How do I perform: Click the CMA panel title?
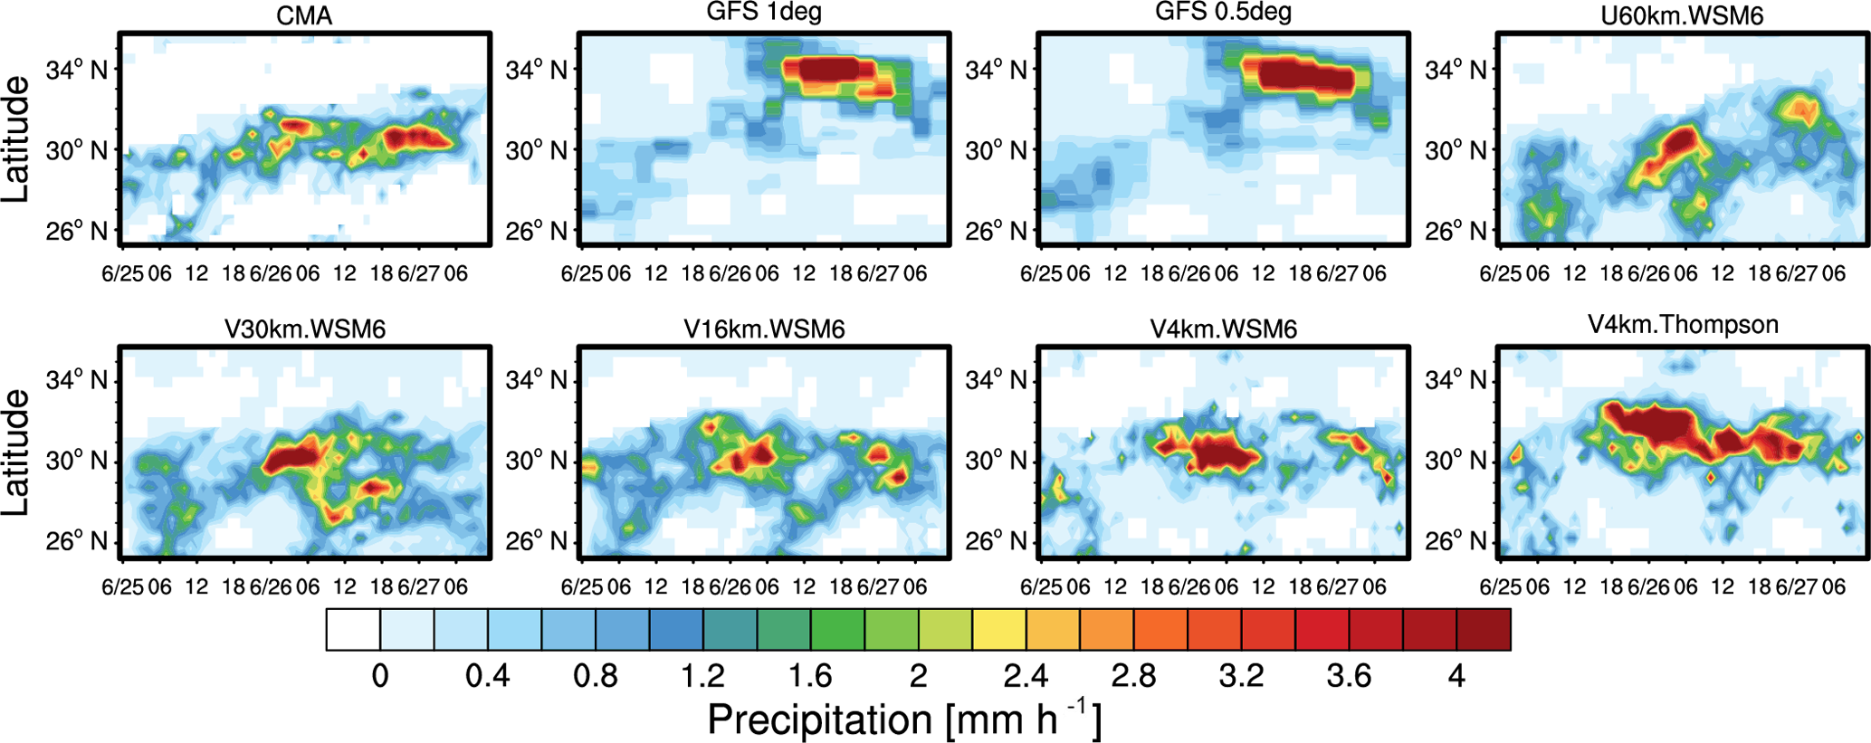point(304,16)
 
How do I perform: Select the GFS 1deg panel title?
point(764,13)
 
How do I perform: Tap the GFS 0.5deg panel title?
point(1223,13)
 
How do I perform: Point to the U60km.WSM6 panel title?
point(1683,16)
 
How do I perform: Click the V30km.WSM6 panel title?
point(305,329)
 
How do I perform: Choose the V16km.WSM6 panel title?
point(764,329)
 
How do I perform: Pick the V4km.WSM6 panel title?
point(1224,329)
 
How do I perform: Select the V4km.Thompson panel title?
point(1683,325)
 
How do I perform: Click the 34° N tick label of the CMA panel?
point(77,69)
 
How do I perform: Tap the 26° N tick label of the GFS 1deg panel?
point(536,232)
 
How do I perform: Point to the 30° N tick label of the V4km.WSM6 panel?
point(996,461)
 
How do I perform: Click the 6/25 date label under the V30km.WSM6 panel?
point(122,586)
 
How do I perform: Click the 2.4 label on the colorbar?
point(1026,676)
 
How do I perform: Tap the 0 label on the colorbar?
point(380,676)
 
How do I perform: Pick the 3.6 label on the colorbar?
point(1349,676)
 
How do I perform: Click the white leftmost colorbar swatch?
point(353,630)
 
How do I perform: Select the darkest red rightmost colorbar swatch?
point(1484,630)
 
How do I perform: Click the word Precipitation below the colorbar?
point(820,720)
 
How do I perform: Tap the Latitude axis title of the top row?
point(16,139)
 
